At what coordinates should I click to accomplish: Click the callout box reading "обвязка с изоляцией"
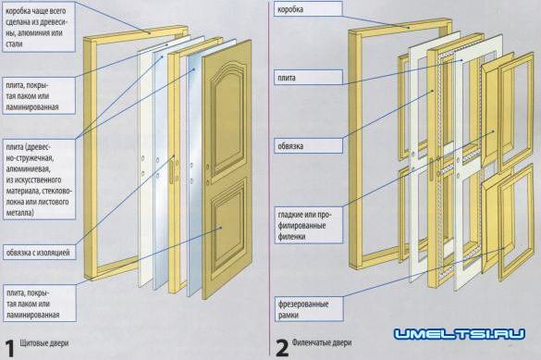(x=39, y=253)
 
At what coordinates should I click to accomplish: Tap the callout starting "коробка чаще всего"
(x=38, y=27)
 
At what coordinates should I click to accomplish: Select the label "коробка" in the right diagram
(x=308, y=9)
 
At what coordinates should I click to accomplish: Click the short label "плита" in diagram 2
(x=309, y=78)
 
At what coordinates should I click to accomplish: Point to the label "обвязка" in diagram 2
(x=309, y=145)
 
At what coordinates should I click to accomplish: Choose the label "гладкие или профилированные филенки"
(x=309, y=225)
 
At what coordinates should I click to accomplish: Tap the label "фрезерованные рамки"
(x=309, y=309)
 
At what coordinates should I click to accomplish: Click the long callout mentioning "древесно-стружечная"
(x=39, y=180)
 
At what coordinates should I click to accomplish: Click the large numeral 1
(x=9, y=348)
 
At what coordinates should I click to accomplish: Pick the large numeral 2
(x=282, y=348)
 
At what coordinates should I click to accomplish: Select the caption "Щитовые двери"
(x=44, y=343)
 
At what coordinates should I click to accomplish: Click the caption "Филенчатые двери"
(x=322, y=342)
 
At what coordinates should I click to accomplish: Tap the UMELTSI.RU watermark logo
(x=460, y=334)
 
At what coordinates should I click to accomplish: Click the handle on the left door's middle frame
(x=171, y=171)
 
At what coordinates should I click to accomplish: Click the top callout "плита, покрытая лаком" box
(x=39, y=95)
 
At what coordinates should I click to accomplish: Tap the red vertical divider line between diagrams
(x=269, y=178)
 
